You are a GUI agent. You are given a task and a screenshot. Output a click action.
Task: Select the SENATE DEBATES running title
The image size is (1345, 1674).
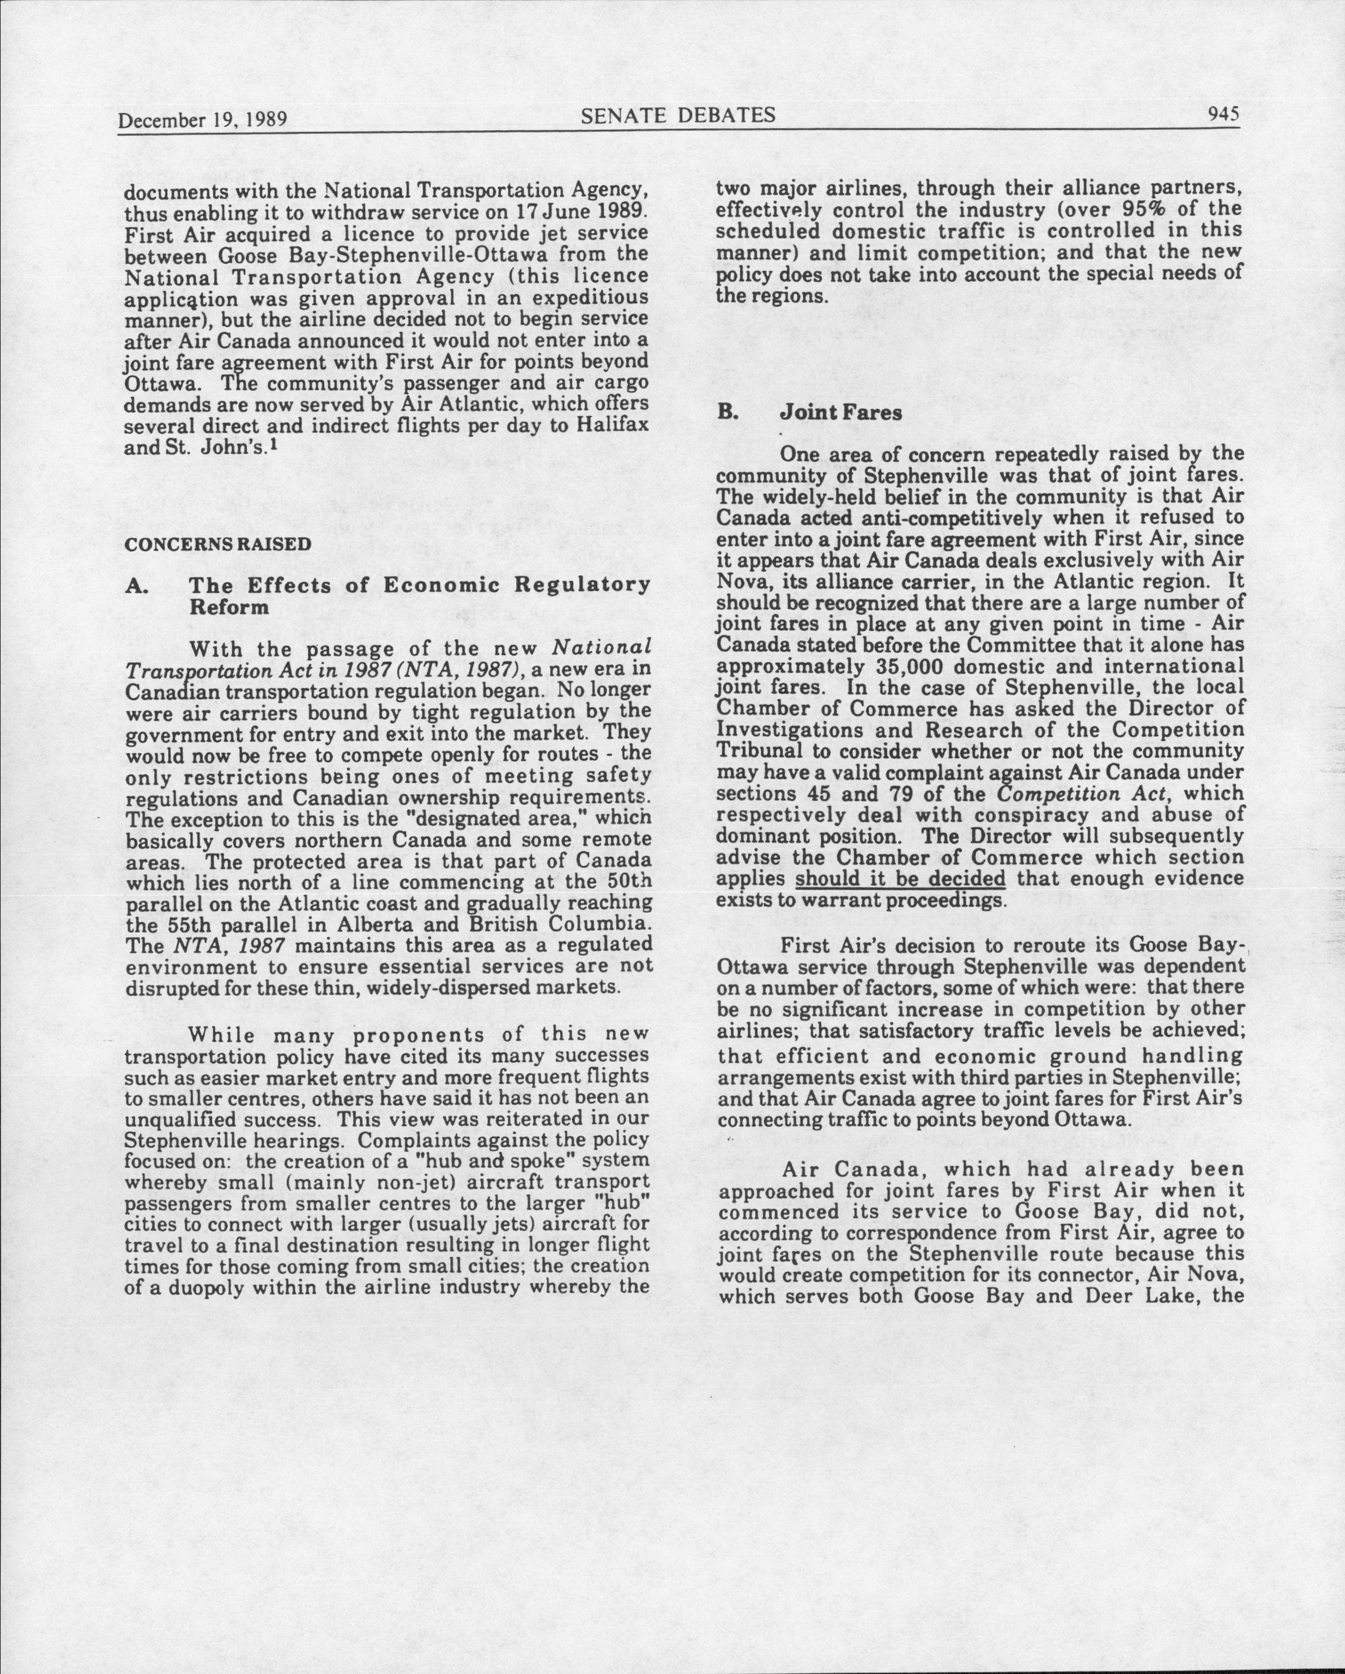point(678,116)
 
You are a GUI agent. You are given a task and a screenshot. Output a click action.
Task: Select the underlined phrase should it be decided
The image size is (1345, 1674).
point(901,879)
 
